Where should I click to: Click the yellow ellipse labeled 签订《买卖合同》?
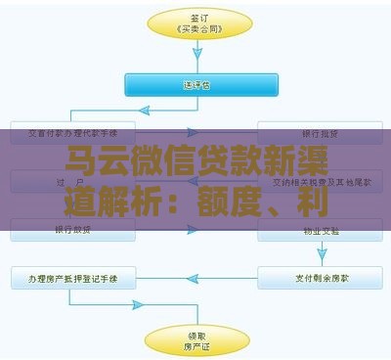point(195,24)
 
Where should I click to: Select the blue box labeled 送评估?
point(195,84)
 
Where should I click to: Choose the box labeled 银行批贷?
point(320,133)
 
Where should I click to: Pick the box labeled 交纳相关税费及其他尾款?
point(320,181)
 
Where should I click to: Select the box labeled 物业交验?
point(320,231)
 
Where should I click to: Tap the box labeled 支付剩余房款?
point(320,279)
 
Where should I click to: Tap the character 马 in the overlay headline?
point(84,158)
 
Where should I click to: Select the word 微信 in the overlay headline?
point(173,158)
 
